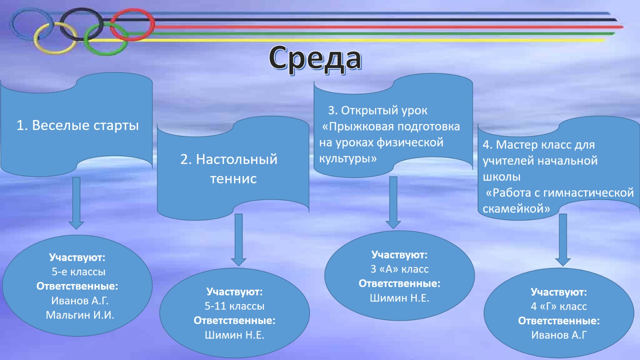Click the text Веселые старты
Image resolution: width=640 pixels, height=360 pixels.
85,126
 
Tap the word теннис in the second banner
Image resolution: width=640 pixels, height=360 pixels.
234,178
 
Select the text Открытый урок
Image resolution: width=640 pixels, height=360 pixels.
384,110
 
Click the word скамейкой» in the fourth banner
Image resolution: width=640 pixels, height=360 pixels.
516,208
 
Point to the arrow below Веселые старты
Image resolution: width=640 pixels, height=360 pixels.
76,203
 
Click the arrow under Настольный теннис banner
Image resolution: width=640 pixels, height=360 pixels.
238,240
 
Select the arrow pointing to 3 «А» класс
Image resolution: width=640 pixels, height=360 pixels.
393,202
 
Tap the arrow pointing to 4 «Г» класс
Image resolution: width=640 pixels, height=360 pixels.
563,240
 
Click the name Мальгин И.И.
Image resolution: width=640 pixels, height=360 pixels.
80,315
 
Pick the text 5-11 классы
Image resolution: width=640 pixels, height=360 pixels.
234,306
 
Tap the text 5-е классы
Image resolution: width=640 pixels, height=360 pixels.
78,272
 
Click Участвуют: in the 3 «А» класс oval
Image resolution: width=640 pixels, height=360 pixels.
400,254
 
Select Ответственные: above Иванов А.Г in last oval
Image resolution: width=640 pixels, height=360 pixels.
559,321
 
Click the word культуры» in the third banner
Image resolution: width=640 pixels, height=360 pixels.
348,158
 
